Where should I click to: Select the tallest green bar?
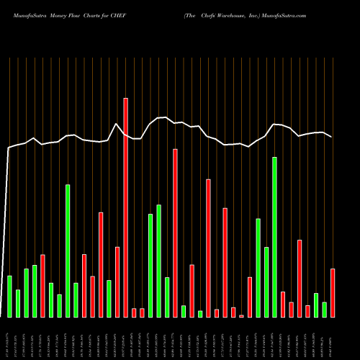[x=274, y=237]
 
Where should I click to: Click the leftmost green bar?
[x=9, y=296]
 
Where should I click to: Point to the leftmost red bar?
[x=43, y=286]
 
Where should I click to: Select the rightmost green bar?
[x=324, y=310]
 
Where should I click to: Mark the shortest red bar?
[x=241, y=315]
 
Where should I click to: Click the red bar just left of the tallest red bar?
[x=117, y=282]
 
